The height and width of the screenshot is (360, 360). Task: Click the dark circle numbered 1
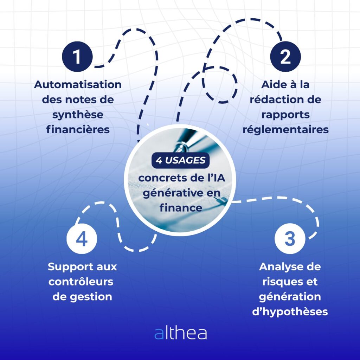(77, 57)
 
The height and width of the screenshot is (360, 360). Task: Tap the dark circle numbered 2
(285, 57)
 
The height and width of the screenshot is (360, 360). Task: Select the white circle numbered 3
(289, 239)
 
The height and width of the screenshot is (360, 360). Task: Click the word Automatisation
(78, 85)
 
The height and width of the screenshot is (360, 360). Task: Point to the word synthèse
(78, 115)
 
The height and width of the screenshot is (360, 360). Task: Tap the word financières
(78, 130)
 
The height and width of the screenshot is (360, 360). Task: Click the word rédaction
(274, 100)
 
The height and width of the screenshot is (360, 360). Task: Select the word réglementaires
(285, 130)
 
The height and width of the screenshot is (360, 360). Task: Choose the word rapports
(285, 115)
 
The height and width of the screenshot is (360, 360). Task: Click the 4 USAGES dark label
(180, 160)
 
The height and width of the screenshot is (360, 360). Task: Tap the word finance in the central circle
(181, 207)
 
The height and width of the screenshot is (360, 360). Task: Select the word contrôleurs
(81, 282)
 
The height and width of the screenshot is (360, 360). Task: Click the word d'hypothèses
(290, 311)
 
